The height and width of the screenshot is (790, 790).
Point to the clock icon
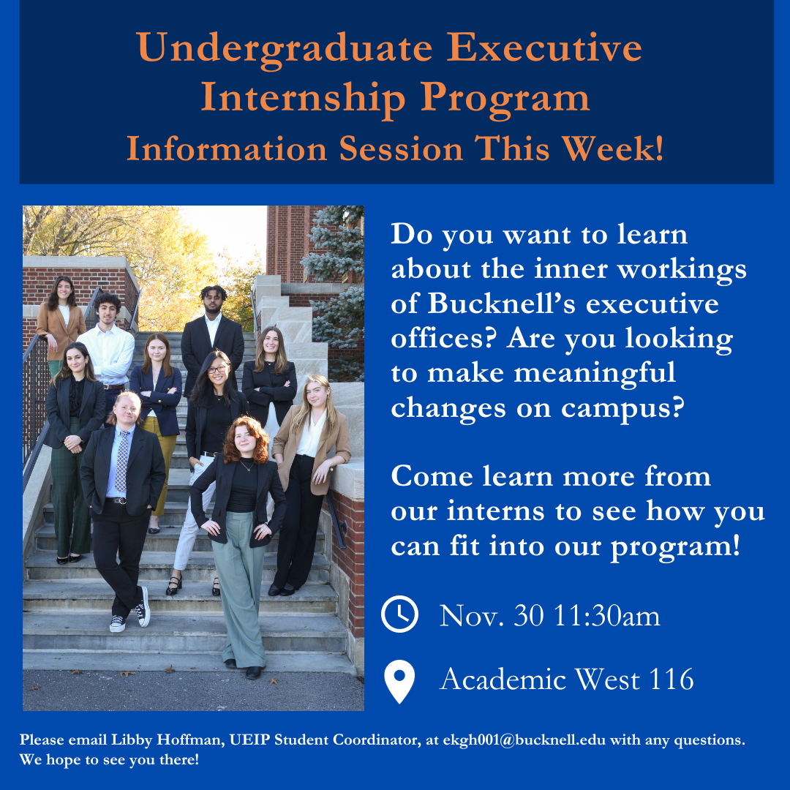pyautogui.click(x=400, y=614)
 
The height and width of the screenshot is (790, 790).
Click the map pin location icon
pyautogui.click(x=400, y=681)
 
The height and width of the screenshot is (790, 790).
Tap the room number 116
pyautogui.click(x=671, y=680)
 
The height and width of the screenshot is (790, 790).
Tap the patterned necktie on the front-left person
pyautogui.click(x=121, y=460)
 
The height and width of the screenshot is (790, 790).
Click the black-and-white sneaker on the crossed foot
pyautogui.click(x=143, y=608)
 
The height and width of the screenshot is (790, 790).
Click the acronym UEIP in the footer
pyautogui.click(x=248, y=740)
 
